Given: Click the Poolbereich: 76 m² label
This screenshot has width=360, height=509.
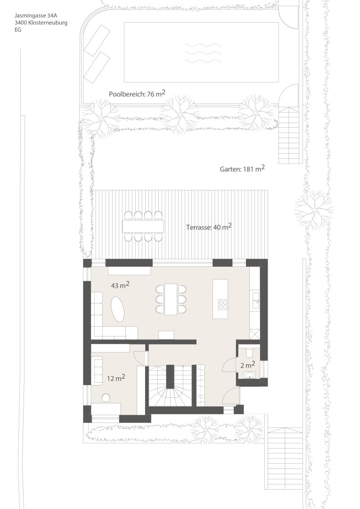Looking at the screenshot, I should click(x=137, y=94).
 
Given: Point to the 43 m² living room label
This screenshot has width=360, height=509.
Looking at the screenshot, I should click(x=120, y=286).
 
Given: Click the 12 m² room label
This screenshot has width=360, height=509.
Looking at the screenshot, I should click(x=115, y=378).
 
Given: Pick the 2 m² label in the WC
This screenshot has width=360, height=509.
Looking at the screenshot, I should click(x=248, y=364).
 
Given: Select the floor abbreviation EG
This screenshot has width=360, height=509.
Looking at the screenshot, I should click(x=18, y=29).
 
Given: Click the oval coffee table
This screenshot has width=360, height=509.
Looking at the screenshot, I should click(x=118, y=309).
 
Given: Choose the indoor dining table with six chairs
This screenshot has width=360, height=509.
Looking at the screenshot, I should click(x=171, y=299).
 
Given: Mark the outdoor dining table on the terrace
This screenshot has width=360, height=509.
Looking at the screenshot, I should click(x=143, y=226).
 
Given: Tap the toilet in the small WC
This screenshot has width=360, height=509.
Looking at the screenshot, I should click(x=249, y=352).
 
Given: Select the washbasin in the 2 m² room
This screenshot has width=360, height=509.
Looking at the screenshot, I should click(x=249, y=375).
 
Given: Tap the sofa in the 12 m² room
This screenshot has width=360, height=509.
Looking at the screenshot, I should click(x=98, y=370).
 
